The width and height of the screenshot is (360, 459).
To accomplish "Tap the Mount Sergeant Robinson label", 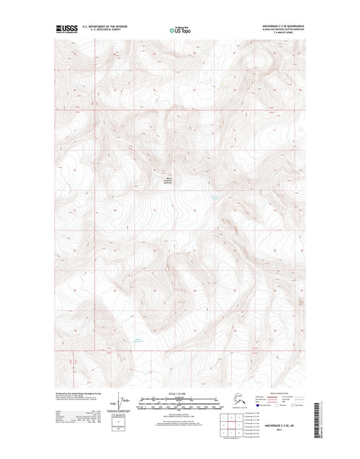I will point(171,180).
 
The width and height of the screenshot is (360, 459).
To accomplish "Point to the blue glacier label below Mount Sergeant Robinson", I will point(215,197).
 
